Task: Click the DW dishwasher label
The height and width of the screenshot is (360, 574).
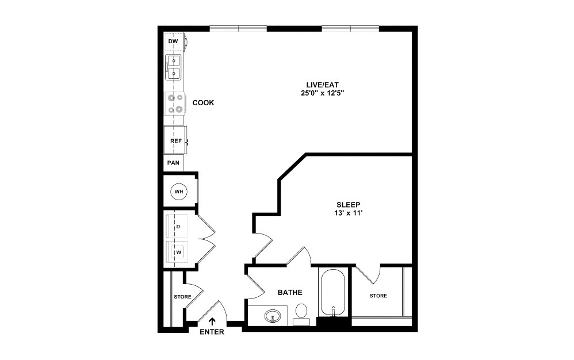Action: (173, 42)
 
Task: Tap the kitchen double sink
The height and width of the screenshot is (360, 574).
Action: (174, 67)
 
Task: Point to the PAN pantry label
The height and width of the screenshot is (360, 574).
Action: (173, 163)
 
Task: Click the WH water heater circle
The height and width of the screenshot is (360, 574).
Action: (178, 191)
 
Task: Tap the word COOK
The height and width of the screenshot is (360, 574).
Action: (203, 103)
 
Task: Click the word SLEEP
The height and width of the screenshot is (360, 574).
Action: (348, 204)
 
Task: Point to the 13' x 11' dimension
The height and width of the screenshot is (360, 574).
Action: (349, 213)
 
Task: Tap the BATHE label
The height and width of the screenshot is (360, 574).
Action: (290, 293)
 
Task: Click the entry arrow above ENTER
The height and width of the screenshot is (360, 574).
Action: (212, 322)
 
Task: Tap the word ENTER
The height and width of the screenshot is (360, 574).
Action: (212, 332)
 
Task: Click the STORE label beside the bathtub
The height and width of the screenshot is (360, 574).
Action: (378, 296)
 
